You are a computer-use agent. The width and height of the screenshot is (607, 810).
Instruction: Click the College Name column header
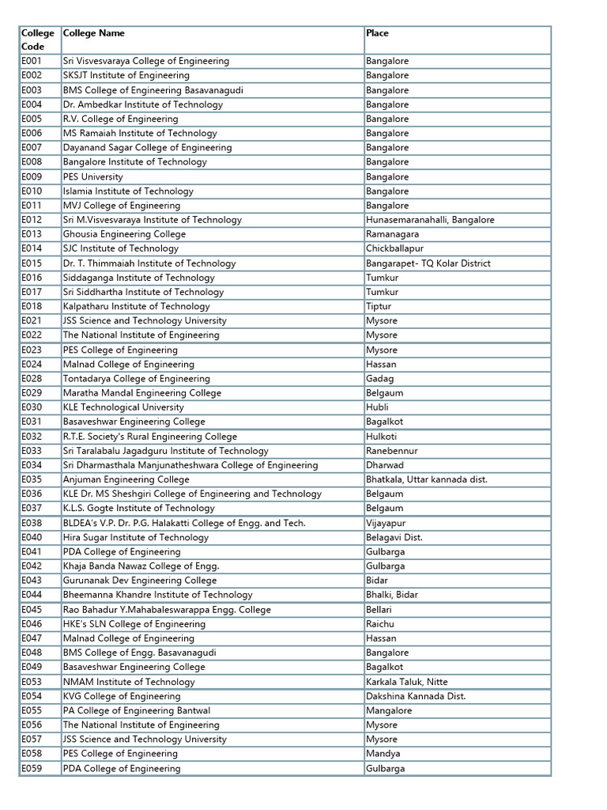pos(94,33)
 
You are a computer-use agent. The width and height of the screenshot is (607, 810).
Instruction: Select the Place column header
pos(377,33)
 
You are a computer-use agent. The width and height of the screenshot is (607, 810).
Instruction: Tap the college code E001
pos(32,61)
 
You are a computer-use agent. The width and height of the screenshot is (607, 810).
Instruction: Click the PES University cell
pos(93,176)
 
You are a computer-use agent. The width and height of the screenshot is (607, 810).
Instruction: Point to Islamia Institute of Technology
pos(128,191)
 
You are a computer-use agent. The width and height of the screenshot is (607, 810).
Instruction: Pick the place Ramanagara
pos(393,234)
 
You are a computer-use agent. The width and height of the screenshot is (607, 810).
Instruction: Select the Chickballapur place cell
pos(394,248)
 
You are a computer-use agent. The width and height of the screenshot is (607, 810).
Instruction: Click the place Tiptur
pos(379,306)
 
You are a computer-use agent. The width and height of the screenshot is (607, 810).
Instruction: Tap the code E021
pos(32,320)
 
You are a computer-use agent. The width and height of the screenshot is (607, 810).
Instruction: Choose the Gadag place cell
pos(379,378)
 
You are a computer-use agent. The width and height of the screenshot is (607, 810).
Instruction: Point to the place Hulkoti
pos(382,436)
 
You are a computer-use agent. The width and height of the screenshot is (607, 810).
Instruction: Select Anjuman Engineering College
pos(126,479)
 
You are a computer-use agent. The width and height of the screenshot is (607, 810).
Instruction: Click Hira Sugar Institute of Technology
pos(136,537)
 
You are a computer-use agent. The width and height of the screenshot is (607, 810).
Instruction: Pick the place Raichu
pos(380,623)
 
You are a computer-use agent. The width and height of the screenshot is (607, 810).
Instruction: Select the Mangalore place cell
pos(389,710)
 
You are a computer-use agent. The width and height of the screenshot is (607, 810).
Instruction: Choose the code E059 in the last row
pos(32,768)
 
